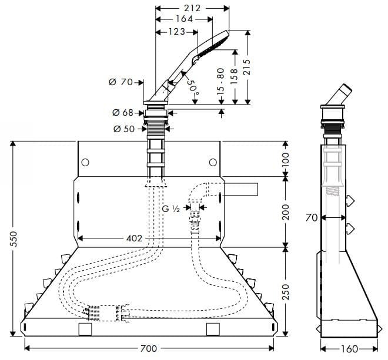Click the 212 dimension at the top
point(192,8)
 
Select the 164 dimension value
point(184,19)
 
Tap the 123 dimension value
point(176,31)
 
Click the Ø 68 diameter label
point(122,112)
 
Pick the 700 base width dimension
point(149,348)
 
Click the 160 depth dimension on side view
point(349,349)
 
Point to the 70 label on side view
point(312,218)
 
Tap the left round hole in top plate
point(85,162)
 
